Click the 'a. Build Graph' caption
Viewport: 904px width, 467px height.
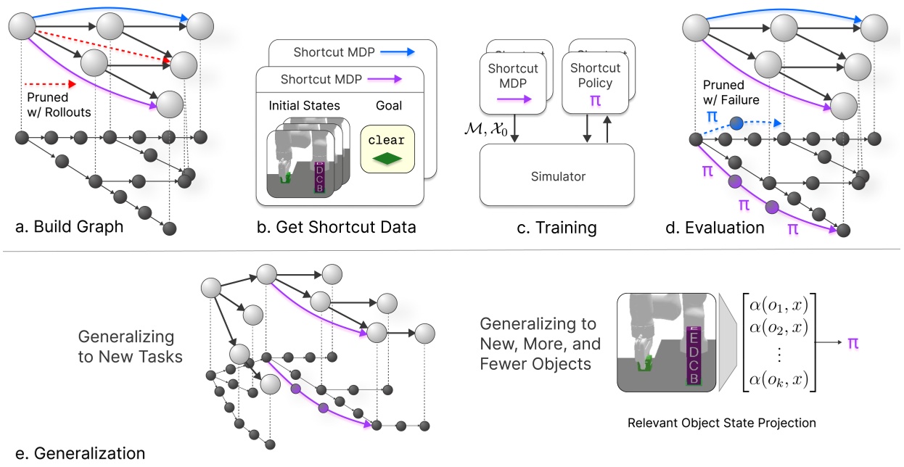[69, 227]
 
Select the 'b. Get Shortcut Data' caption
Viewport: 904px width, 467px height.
[337, 227]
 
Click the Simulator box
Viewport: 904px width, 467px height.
[556, 175]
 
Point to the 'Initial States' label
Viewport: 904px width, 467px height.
[303, 106]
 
